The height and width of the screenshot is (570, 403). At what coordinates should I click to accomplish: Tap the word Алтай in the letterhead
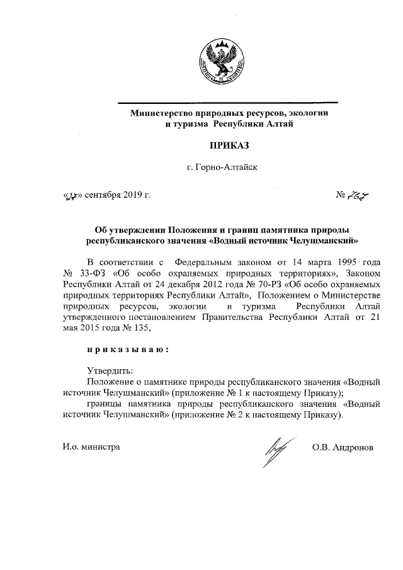point(278,125)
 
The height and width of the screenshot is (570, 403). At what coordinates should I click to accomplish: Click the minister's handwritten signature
point(275,451)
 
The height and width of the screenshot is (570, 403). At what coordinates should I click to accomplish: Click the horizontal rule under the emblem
point(229,102)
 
